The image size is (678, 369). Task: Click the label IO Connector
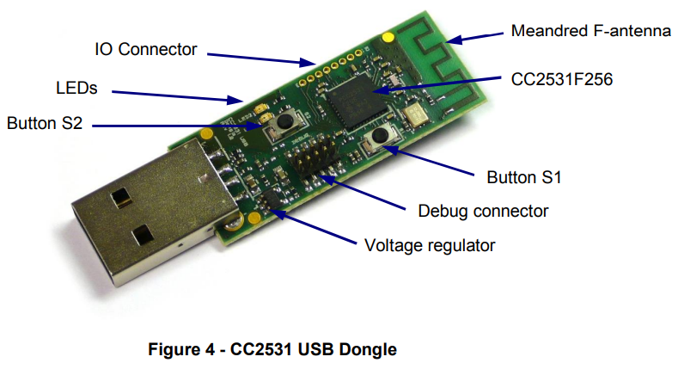145,49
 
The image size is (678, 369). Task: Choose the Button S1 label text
523,179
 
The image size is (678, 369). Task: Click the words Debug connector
482,210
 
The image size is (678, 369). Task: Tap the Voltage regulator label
430,245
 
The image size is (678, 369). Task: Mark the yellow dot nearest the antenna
391,37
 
